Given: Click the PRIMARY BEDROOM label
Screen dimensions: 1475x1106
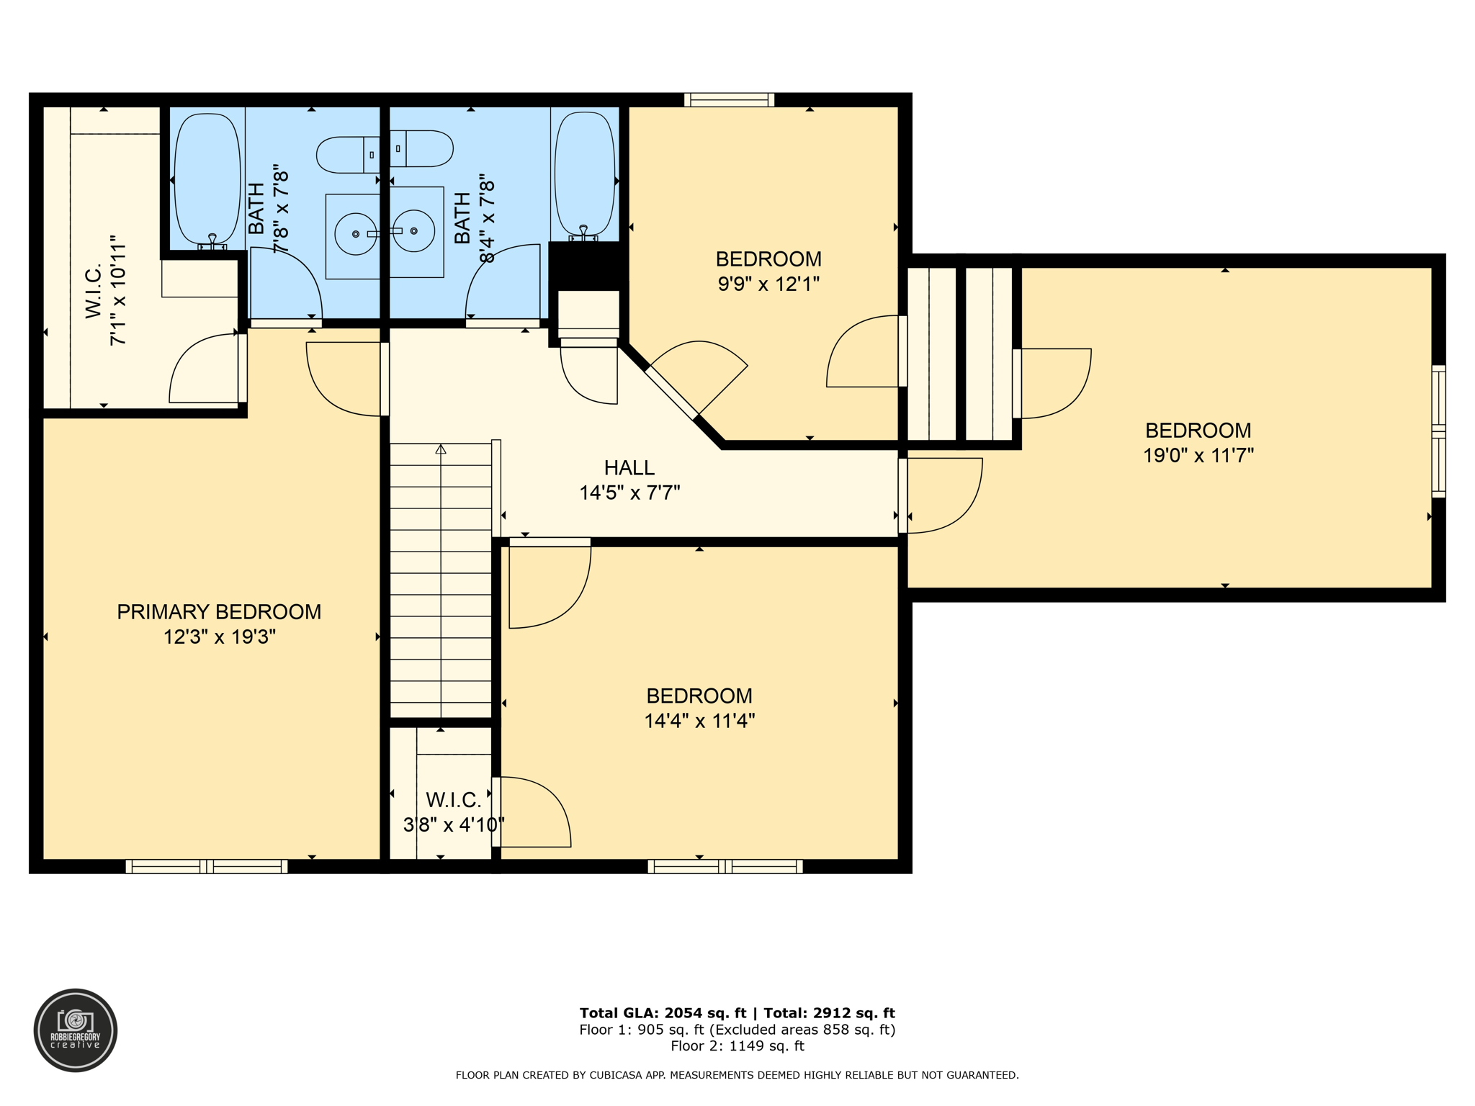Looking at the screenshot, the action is (x=219, y=612).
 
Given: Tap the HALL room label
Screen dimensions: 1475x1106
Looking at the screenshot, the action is (x=629, y=468).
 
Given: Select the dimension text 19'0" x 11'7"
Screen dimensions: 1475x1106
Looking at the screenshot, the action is (x=1198, y=455).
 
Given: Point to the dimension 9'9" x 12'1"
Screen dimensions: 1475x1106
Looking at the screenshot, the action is (x=768, y=284).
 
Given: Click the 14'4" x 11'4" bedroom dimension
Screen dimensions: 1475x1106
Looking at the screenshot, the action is (x=699, y=721).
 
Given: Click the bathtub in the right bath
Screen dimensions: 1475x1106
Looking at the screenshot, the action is (x=585, y=176).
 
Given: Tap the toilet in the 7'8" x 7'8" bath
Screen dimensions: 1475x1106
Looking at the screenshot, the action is (x=348, y=155).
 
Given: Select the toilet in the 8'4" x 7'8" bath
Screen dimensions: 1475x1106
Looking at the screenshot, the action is (x=421, y=148).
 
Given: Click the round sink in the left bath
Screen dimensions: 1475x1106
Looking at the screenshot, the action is (x=356, y=233).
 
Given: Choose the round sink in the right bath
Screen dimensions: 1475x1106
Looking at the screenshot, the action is (x=413, y=230).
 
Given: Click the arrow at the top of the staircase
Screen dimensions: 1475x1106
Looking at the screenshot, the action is (x=441, y=449).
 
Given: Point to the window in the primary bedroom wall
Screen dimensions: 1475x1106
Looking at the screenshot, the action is (x=207, y=866).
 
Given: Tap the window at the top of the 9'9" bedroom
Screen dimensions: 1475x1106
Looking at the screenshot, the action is (x=729, y=99).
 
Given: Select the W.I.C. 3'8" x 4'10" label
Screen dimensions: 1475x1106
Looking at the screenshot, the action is (x=453, y=812).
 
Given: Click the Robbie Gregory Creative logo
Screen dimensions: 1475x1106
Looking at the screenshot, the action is (x=76, y=1030).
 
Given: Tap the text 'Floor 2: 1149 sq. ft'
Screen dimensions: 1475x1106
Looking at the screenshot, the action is (x=737, y=1046).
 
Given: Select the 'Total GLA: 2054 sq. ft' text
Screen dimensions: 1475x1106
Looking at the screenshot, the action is (x=663, y=1013).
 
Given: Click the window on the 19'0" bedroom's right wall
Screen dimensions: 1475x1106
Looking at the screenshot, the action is (x=1438, y=431).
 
